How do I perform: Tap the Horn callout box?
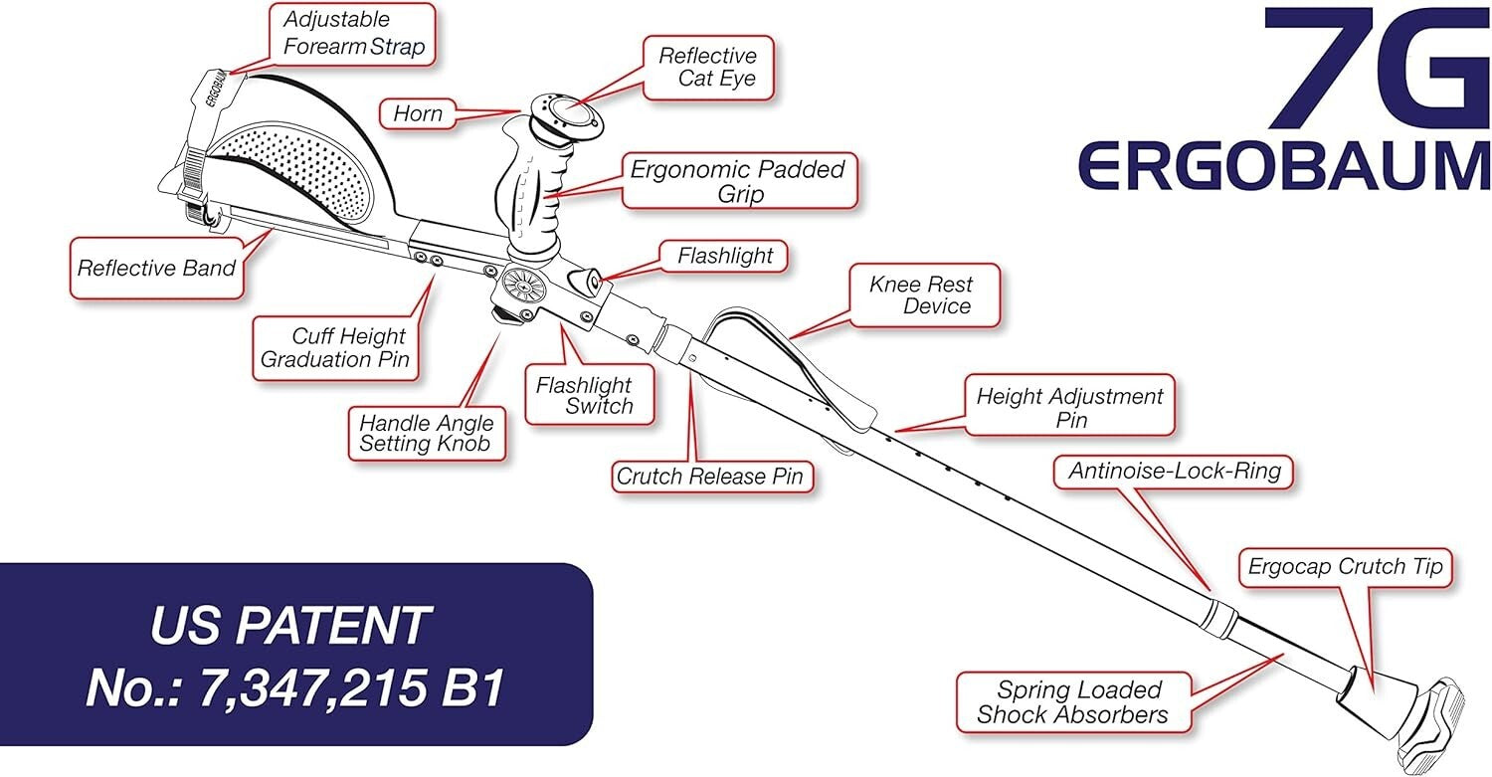(418, 113)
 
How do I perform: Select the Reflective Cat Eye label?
(706, 67)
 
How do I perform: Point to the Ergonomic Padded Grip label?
(738, 180)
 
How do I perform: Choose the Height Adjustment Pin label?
(1070, 407)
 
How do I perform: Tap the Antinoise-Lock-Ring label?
(1175, 472)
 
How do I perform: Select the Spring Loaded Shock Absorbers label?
(1070, 701)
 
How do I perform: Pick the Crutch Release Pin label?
(709, 477)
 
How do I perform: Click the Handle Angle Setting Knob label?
(427, 433)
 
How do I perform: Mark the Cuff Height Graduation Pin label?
(335, 347)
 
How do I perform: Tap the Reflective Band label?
(157, 268)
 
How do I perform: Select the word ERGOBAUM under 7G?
(1285, 166)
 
